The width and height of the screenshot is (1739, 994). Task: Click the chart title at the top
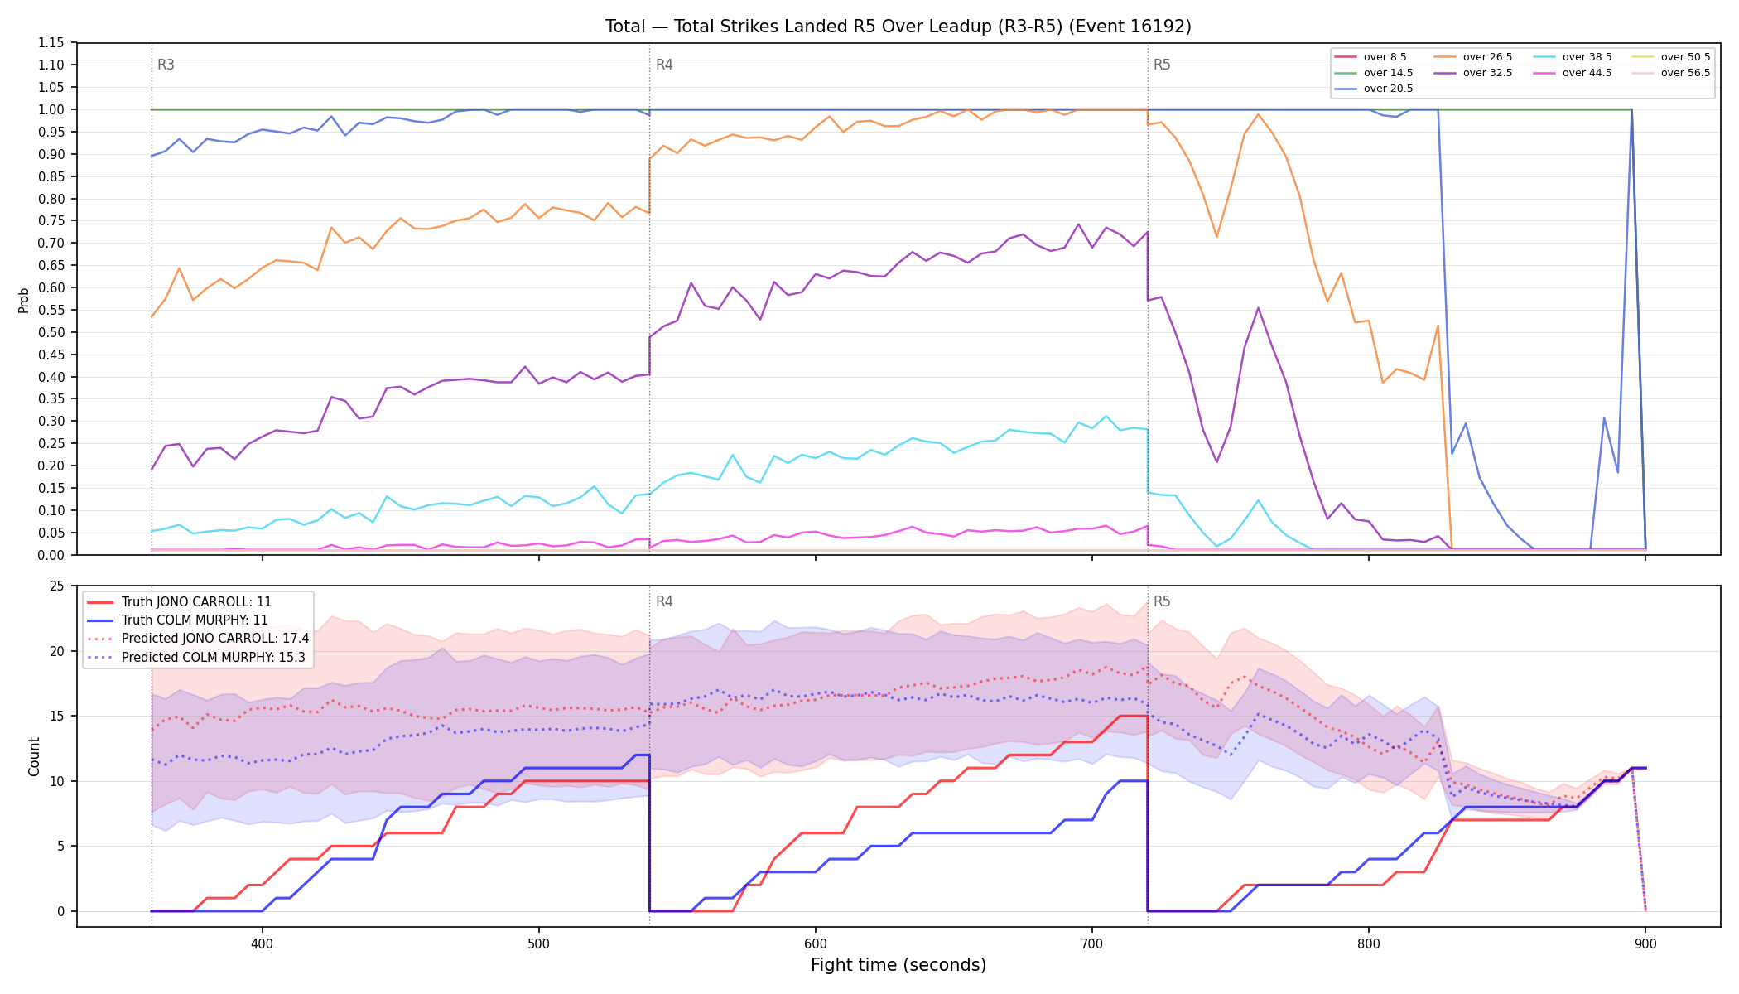coord(898,27)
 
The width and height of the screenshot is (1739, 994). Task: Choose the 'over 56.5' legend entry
coord(1671,73)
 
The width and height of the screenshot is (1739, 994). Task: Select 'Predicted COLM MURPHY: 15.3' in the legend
coord(196,658)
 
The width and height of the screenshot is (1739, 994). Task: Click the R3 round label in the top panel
coord(166,65)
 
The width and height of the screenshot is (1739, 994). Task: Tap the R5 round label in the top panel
coord(1162,65)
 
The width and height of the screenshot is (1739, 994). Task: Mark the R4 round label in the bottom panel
coord(664,601)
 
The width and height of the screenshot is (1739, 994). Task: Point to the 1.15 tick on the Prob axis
coord(51,43)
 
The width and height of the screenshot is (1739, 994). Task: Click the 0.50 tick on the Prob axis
coord(51,332)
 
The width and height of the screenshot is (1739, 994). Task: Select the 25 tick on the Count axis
coord(56,586)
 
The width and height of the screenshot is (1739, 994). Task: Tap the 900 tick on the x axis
coord(1645,943)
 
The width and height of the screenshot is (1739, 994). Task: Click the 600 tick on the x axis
coord(816,943)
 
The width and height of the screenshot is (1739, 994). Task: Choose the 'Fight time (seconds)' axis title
coord(898,965)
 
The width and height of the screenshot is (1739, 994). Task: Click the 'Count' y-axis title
coord(34,756)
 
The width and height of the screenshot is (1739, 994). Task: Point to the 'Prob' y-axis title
coord(24,300)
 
